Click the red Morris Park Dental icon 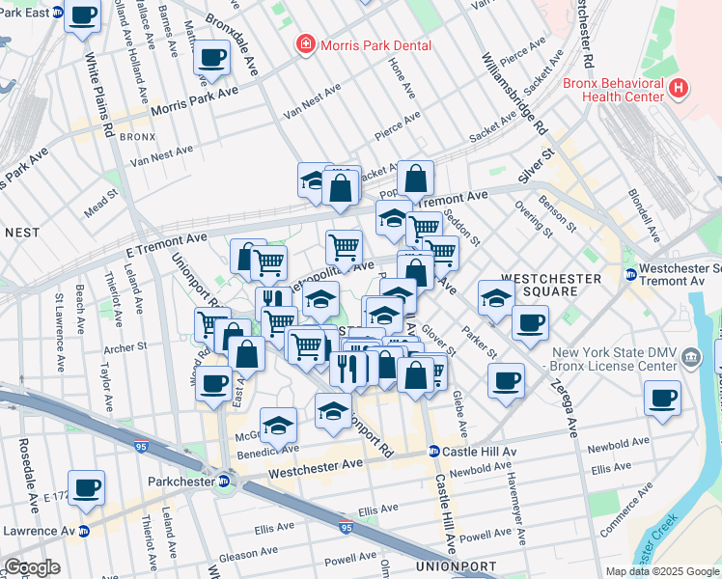pyautogui.click(x=305, y=45)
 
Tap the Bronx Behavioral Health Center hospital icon pyautogui.click(x=679, y=89)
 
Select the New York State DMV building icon pyautogui.click(x=691, y=359)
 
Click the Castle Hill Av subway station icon pyautogui.click(x=434, y=452)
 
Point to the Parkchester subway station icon pyautogui.click(x=224, y=481)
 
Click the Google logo pyautogui.click(x=32, y=567)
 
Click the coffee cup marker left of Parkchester pyautogui.click(x=86, y=487)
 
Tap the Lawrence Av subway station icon pyautogui.click(x=83, y=531)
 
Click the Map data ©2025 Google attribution pyautogui.click(x=661, y=570)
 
